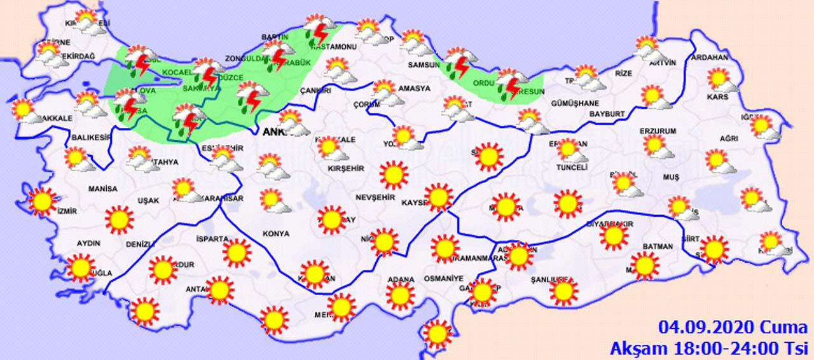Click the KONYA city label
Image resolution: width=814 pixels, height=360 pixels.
(x=277, y=233)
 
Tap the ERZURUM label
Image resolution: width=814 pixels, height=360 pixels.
(x=658, y=131)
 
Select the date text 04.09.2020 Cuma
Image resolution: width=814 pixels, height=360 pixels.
(x=733, y=328)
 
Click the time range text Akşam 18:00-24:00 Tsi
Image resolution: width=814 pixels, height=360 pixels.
(x=708, y=348)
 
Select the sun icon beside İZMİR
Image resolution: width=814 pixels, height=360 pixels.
(x=42, y=202)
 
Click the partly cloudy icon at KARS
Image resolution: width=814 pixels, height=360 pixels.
(x=723, y=81)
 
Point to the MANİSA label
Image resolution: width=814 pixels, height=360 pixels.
(x=103, y=189)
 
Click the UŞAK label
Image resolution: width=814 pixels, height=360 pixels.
(x=148, y=200)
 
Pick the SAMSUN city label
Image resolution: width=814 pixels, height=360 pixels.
(x=420, y=65)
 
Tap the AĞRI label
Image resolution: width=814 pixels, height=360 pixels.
(x=729, y=139)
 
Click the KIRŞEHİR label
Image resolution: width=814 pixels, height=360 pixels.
(x=345, y=168)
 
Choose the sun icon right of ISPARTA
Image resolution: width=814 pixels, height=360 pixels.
(x=237, y=253)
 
